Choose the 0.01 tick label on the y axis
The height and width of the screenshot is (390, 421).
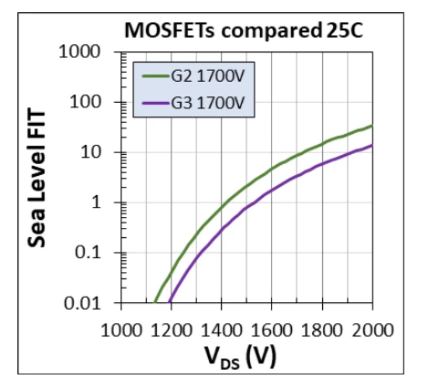coord(82,303)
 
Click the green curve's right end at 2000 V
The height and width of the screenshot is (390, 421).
coord(372,126)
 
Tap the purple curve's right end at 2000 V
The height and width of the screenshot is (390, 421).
coord(372,145)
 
